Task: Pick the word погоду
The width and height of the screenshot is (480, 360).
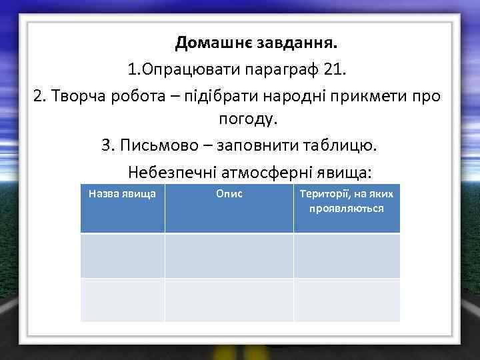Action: pyautogui.click(x=246, y=120)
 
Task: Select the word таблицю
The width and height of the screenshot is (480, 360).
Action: pyautogui.click(x=347, y=145)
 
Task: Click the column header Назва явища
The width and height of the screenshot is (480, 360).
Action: pyautogui.click(x=123, y=194)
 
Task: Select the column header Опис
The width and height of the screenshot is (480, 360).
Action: pyautogui.click(x=229, y=194)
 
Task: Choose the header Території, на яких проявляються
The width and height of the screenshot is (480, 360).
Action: pyautogui.click(x=347, y=201)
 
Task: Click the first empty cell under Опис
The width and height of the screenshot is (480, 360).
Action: pyautogui.click(x=229, y=255)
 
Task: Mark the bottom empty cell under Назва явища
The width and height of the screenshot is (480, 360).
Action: pyautogui.click(x=123, y=300)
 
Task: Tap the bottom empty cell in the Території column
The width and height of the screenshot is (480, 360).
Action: pyautogui.click(x=347, y=300)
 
